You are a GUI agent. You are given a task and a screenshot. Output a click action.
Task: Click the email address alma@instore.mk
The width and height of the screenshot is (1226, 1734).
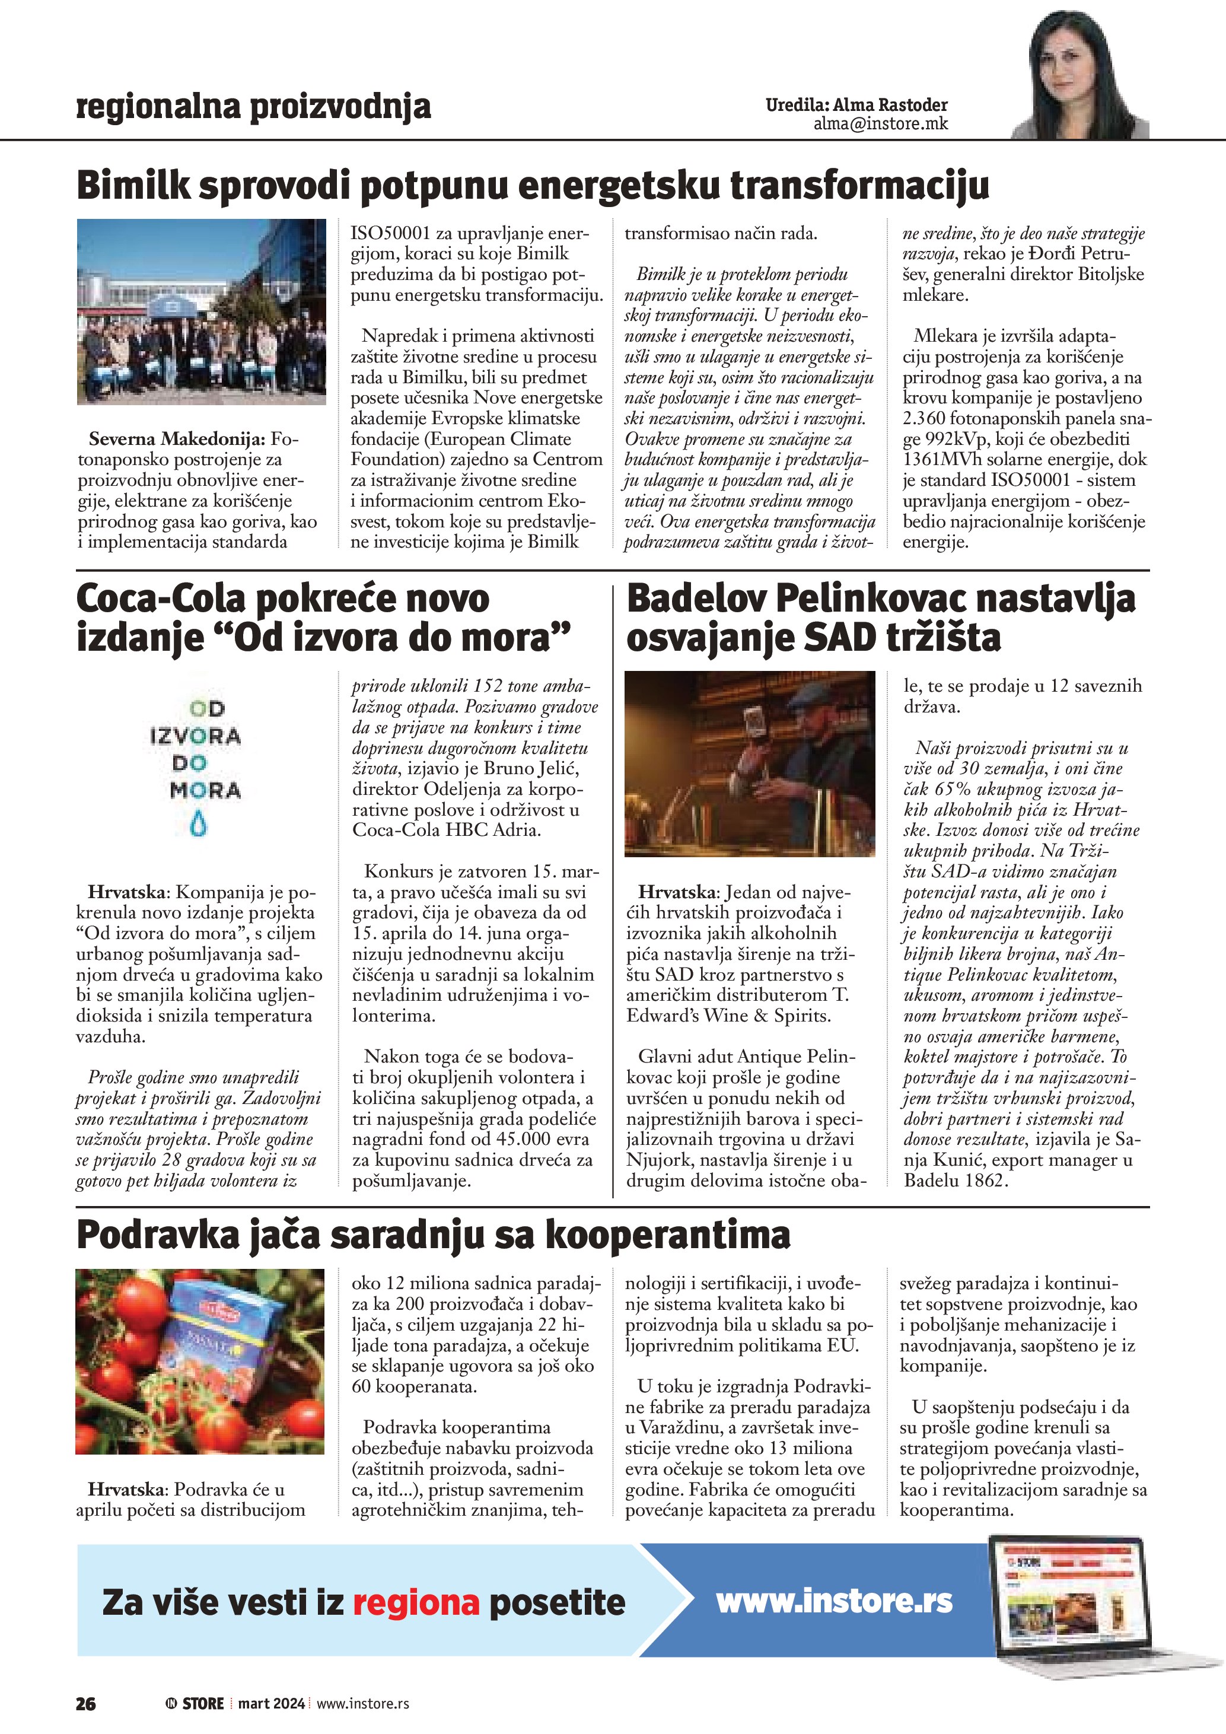(880, 124)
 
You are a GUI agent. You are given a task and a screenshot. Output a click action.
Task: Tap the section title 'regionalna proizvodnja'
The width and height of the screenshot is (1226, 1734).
(254, 107)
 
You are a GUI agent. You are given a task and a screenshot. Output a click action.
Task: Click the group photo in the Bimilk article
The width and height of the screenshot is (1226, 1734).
(202, 311)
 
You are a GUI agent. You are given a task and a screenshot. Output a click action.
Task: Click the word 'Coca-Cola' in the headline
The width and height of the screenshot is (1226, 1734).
(161, 599)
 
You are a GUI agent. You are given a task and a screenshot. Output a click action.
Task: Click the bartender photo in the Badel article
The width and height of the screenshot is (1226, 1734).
(750, 763)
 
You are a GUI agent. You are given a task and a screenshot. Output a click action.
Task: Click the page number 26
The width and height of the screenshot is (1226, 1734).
(85, 1703)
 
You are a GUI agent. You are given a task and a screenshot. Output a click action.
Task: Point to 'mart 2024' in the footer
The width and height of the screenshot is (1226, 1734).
(271, 1703)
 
